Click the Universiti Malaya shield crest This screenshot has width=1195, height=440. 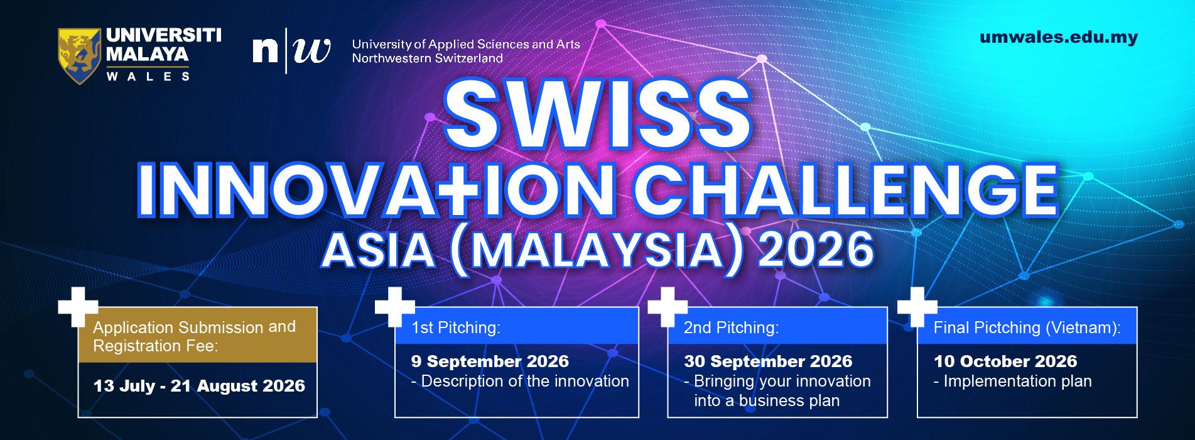pos(79,55)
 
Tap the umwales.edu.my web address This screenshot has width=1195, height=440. pos(1058,37)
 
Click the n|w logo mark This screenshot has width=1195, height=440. pos(291,50)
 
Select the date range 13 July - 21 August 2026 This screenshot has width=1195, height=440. pos(199,385)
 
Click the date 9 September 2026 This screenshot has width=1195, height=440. pos(490,361)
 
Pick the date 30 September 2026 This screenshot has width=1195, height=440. pos(768,361)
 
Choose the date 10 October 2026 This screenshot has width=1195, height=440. pos(1005,361)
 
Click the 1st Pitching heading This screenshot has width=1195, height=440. pos(456,327)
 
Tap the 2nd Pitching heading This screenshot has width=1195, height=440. pos(731,327)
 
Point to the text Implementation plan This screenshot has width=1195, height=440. pos(1017,382)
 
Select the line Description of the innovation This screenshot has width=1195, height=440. pos(525,381)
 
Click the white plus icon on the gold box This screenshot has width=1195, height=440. pos(78,307)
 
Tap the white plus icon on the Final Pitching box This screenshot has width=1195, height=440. pos(917,307)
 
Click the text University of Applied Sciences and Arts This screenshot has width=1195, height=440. pos(466,45)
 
